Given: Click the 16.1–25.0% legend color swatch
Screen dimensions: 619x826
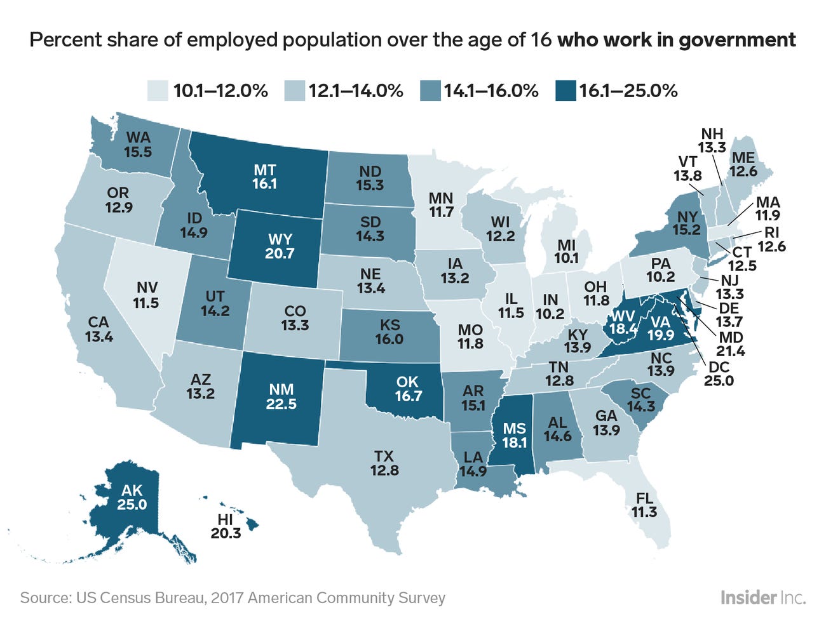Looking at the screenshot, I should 565,91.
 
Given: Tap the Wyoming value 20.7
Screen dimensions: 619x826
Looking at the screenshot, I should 280,254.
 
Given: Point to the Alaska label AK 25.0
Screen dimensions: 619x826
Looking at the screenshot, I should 132,497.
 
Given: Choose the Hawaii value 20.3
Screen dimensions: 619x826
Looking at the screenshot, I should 226,526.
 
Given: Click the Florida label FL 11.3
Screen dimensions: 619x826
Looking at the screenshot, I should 644,505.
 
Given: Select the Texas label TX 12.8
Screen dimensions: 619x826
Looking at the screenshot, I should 384,463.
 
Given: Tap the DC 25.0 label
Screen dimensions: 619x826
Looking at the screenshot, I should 719,373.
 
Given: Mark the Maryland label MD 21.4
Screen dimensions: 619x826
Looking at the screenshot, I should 730,343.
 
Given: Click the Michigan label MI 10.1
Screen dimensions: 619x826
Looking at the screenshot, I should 566,251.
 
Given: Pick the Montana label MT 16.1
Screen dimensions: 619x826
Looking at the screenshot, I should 264,176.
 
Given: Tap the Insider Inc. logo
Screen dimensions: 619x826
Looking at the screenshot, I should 762,597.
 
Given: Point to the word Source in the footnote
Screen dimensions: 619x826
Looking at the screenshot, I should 44,598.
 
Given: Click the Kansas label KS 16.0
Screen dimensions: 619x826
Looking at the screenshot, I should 389,332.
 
